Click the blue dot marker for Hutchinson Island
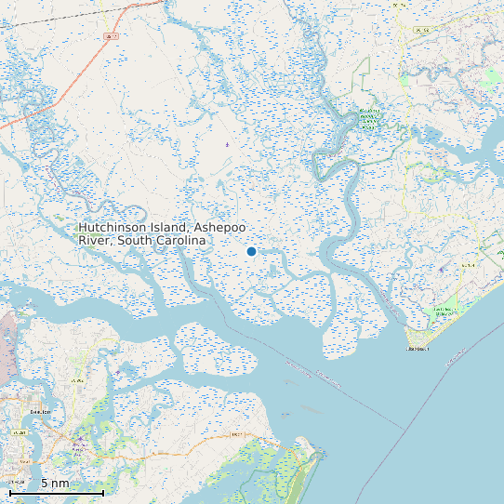(x=251, y=251)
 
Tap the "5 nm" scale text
(x=54, y=484)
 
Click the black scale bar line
(x=56, y=493)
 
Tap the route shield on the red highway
(x=110, y=36)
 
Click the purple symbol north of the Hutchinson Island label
(x=227, y=145)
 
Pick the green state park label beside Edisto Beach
(x=445, y=311)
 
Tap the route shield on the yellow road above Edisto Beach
(x=468, y=265)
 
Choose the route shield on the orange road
(x=236, y=434)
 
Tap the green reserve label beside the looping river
(x=370, y=117)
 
